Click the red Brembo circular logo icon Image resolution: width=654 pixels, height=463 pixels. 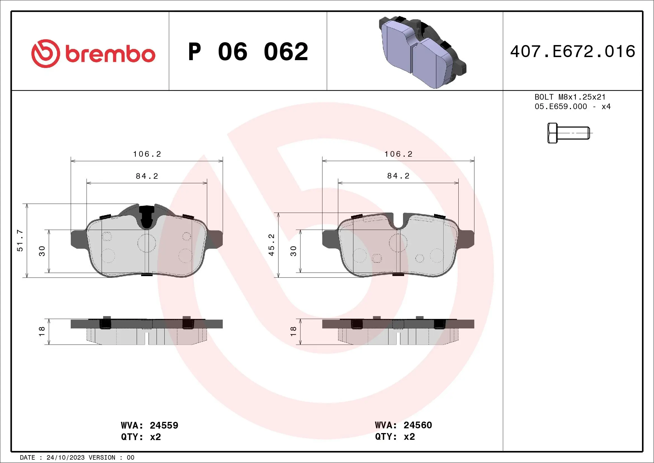click(x=46, y=54)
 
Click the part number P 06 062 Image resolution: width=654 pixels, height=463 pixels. click(x=248, y=52)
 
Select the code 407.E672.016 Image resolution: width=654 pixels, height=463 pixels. click(x=573, y=51)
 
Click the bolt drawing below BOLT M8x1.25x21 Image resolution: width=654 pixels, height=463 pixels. click(x=568, y=133)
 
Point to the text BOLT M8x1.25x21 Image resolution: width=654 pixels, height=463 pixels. click(x=570, y=97)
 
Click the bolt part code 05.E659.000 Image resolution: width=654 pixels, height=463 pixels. click(x=561, y=107)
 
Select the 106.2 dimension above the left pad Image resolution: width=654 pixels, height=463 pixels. click(x=147, y=154)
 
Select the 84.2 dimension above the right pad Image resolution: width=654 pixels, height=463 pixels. click(x=398, y=176)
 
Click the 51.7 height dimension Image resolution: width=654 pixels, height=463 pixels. click(x=20, y=241)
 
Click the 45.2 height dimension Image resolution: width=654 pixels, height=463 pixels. click(x=271, y=245)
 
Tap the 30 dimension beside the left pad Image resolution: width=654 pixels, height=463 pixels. click(x=42, y=251)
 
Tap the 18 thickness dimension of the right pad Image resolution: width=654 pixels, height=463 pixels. click(x=293, y=331)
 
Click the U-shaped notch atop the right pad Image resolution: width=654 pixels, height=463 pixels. click(x=399, y=224)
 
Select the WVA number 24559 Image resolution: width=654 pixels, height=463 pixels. click(x=164, y=425)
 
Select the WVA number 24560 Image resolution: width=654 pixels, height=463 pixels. click(x=418, y=425)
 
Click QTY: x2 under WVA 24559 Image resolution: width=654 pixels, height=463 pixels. click(x=141, y=437)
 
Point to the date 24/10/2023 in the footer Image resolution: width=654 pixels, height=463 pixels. click(x=65, y=458)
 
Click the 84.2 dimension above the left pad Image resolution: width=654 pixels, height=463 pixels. click(x=147, y=176)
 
